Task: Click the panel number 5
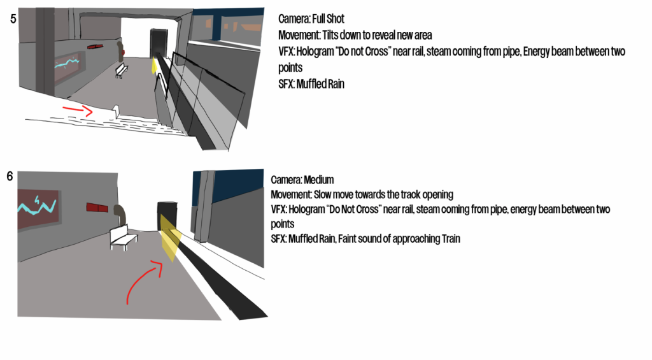coord(13,18)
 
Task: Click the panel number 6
coord(10,176)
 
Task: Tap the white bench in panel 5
coord(121,70)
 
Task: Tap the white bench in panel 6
coord(123,238)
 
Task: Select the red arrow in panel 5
coord(78,110)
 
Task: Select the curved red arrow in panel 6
coord(141,279)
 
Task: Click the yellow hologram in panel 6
coord(171,238)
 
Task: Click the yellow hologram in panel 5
coord(155,66)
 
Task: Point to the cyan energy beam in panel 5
coord(66,63)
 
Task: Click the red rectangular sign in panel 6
coord(97,207)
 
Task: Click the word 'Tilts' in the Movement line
coord(331,35)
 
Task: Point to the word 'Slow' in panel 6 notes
coord(322,195)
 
